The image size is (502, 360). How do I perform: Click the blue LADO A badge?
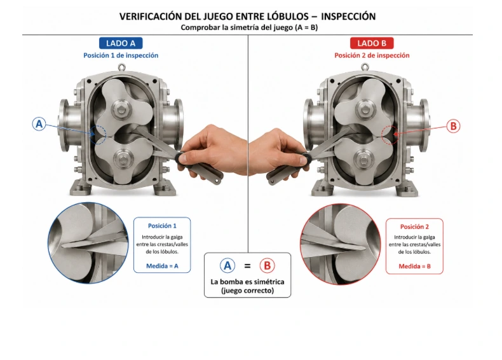(x=121, y=43)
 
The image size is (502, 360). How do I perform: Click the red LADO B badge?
(x=372, y=43)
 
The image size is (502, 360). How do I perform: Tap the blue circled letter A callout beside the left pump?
(x=39, y=124)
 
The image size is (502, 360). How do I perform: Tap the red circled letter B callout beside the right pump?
(x=453, y=126)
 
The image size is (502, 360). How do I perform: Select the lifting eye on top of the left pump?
(x=121, y=67)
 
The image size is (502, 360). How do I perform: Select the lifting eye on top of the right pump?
(x=365, y=67)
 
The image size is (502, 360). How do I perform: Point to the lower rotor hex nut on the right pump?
(x=363, y=159)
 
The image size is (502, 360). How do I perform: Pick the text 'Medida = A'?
(x=162, y=266)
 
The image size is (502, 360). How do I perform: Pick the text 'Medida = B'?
(x=414, y=266)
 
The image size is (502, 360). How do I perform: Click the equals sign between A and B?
(x=247, y=266)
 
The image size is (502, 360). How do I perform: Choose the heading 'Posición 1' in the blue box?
(x=162, y=226)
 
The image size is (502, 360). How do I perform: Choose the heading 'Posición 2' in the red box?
(x=414, y=226)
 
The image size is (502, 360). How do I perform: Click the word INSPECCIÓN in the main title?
(x=348, y=17)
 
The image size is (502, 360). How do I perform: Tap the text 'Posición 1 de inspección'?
(x=121, y=55)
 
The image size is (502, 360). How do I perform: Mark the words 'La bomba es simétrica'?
(x=247, y=282)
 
